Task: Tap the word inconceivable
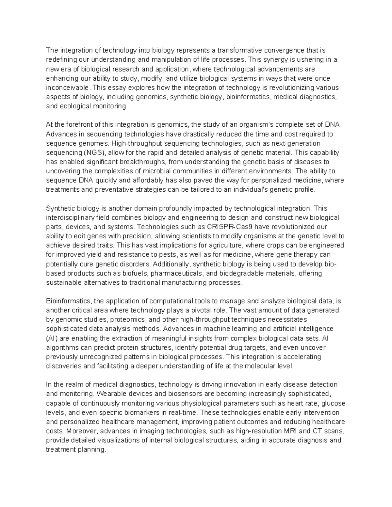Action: (68, 87)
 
